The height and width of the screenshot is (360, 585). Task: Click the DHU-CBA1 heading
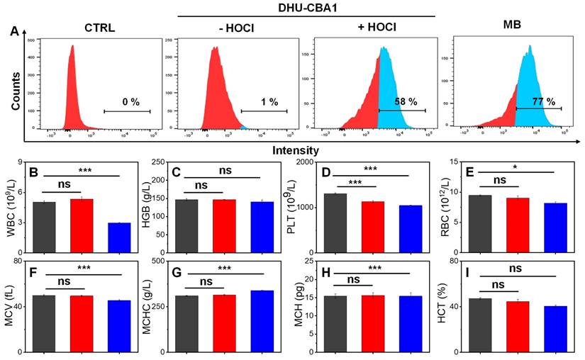click(305, 6)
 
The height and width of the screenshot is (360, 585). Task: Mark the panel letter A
click(15, 30)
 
